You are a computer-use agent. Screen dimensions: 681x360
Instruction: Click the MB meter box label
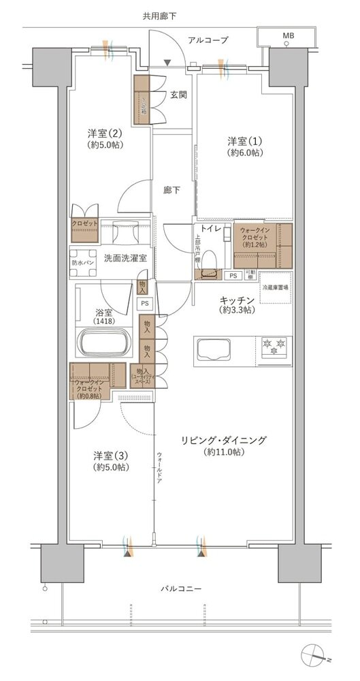click(x=289, y=35)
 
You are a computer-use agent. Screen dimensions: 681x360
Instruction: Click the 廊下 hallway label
click(x=171, y=190)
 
